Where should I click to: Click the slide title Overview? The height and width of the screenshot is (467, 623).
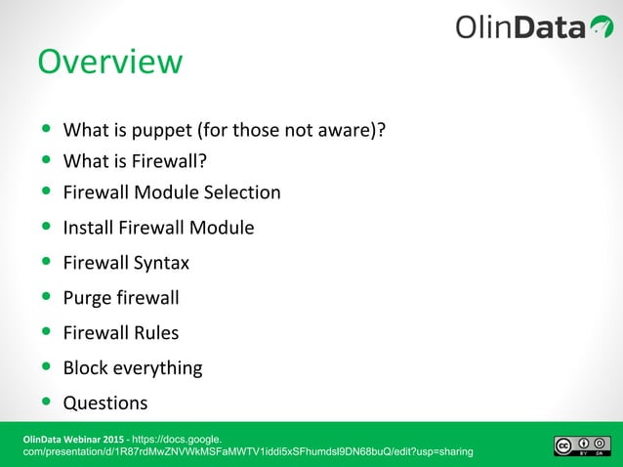(x=109, y=62)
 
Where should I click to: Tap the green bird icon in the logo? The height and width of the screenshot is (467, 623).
(x=601, y=26)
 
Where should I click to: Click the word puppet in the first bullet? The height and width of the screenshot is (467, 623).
(x=168, y=130)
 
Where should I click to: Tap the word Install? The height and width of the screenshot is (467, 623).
(x=86, y=228)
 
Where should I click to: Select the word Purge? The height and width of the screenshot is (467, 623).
(x=86, y=298)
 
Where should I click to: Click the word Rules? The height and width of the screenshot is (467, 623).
(x=156, y=333)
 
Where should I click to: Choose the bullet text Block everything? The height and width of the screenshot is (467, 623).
(x=133, y=368)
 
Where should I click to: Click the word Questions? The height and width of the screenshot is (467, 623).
(x=105, y=403)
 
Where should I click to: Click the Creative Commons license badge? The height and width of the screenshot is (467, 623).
(x=583, y=446)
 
